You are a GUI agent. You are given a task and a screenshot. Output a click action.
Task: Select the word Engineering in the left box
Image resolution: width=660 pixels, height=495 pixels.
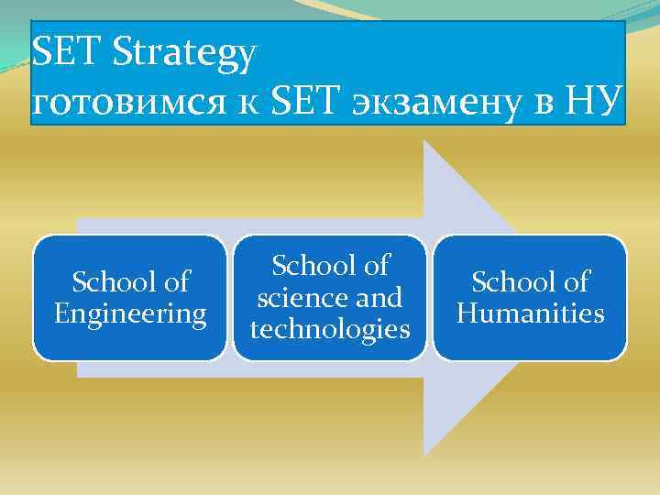(130, 314)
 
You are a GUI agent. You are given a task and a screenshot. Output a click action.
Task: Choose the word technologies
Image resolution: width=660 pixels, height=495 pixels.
(330, 329)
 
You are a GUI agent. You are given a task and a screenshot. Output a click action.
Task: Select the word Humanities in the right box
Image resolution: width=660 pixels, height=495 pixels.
(531, 314)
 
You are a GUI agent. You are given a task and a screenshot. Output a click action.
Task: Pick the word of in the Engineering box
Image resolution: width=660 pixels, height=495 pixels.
(173, 281)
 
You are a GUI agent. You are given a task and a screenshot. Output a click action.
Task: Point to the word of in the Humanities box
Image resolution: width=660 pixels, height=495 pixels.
(575, 281)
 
